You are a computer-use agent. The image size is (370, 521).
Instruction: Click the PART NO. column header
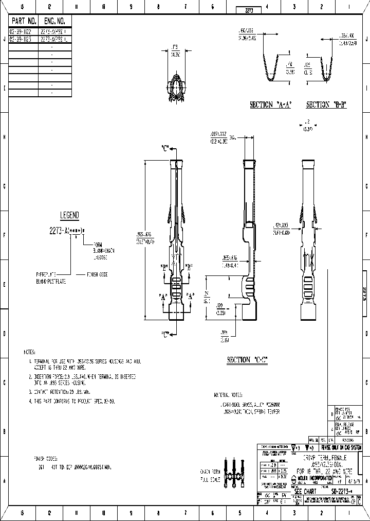pyautogui.click(x=24, y=21)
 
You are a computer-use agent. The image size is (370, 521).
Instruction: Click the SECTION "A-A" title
pyautogui.click(x=270, y=105)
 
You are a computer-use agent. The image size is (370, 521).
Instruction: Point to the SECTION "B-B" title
pyautogui.click(x=327, y=105)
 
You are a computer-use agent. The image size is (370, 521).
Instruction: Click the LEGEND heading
pyautogui.click(x=69, y=215)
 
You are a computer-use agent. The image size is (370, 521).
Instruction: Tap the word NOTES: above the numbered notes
pyautogui.click(x=29, y=352)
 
